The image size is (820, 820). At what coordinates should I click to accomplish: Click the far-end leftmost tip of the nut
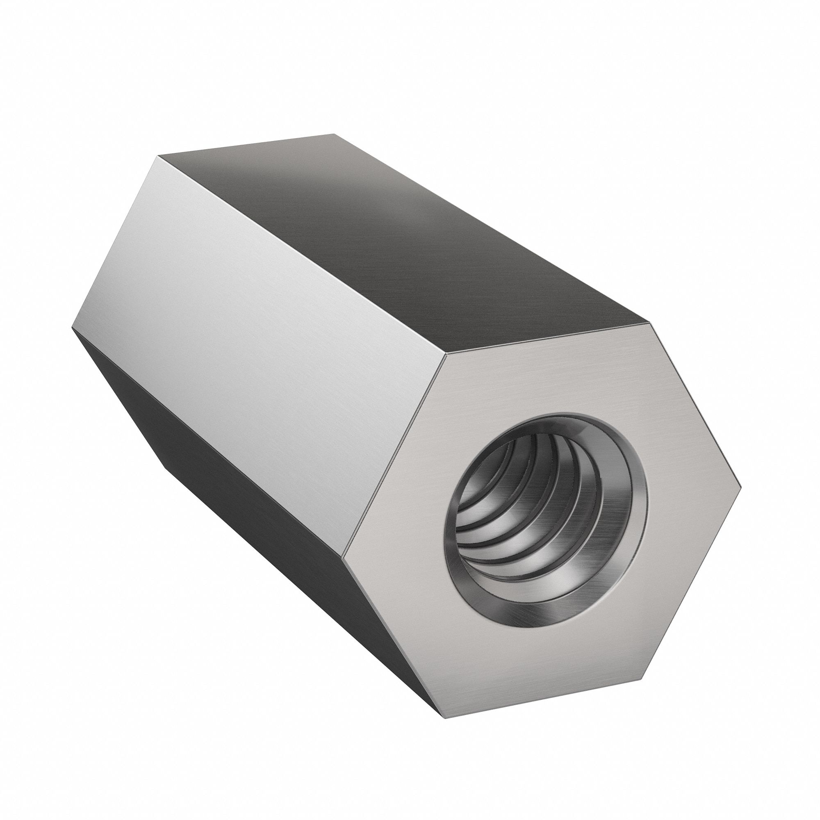coord(72,329)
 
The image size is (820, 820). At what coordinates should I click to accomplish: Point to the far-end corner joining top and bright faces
coord(158,156)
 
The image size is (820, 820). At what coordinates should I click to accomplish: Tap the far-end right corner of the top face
coord(334,134)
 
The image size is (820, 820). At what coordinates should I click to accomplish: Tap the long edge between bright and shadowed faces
coord(208,442)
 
